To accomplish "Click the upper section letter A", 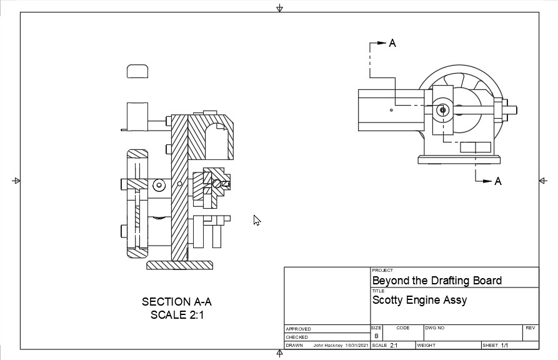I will (392, 43).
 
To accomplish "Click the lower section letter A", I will (498, 181).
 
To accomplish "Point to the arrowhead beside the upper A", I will (382, 43).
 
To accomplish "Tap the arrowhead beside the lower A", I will (488, 181).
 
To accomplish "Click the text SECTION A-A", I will (177, 302).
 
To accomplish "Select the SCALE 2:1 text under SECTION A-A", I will (177, 315).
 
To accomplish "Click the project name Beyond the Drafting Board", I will (437, 281).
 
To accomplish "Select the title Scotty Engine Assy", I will (419, 300).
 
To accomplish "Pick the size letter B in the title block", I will (376, 336).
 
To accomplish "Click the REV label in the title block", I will (530, 327).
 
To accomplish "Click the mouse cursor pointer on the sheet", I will (256, 219).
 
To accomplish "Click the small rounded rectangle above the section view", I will (137, 71).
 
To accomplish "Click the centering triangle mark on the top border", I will (279, 8).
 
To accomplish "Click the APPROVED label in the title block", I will (298, 329).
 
